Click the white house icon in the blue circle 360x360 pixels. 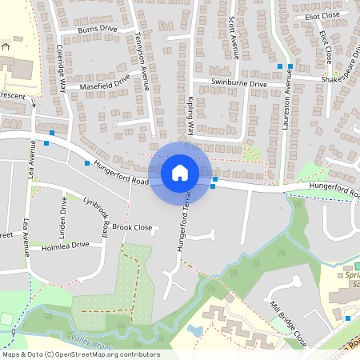tap(180, 173)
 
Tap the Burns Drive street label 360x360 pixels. tap(98, 30)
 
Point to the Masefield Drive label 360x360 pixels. tap(104, 82)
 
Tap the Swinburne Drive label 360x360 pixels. tap(239, 83)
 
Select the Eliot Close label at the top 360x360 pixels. tap(318, 15)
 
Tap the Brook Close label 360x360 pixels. tap(132, 227)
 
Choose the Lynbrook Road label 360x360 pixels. tap(95, 217)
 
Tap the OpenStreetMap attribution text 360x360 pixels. tap(80, 354)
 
